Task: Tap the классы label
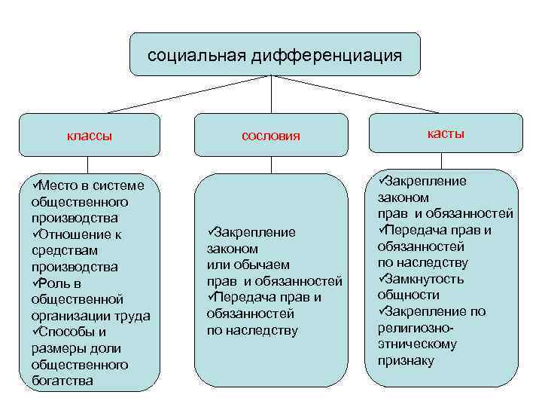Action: tap(90, 136)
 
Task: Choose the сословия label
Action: tap(271, 136)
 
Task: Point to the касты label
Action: tap(446, 133)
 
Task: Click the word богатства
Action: tap(62, 381)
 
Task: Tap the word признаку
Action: tap(406, 360)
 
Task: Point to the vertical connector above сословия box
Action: tap(271, 94)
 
